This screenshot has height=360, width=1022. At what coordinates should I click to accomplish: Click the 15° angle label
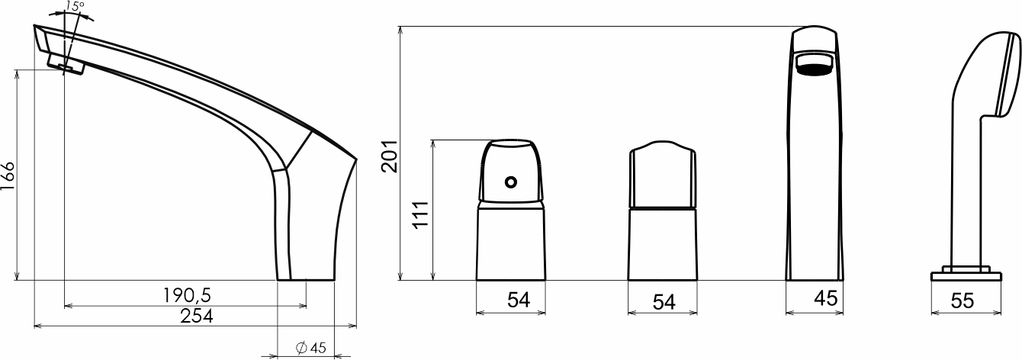pos(75,6)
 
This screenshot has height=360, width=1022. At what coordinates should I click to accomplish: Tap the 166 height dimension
pos(8,177)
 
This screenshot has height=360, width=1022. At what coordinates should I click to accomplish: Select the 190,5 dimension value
pos(188,295)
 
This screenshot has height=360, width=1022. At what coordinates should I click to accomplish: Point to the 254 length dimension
pos(197,317)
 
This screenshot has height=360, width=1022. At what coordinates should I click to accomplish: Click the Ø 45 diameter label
pos(311,348)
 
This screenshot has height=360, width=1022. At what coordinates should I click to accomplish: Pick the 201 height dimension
pos(390,156)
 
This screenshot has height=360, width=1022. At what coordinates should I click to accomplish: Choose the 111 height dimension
pos(420,214)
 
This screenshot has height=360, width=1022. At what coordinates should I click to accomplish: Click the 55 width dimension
pos(963,301)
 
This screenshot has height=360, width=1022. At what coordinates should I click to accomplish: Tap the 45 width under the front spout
pos(826,298)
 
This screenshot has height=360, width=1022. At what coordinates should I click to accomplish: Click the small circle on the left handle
pos(511,182)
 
